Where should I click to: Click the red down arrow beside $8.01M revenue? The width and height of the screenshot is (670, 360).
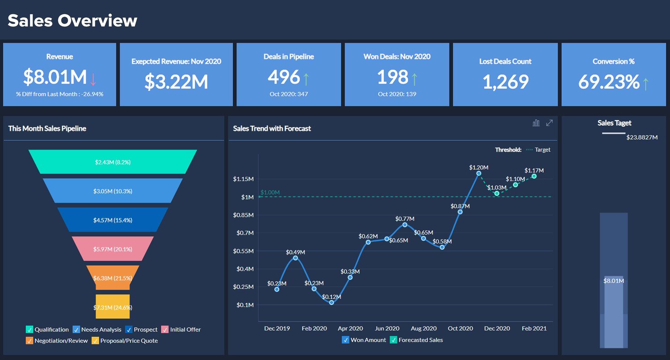93,79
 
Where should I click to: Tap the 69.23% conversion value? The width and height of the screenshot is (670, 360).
609,82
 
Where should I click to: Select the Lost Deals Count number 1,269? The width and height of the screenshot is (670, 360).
505,82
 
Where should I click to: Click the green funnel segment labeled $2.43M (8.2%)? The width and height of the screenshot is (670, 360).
113,162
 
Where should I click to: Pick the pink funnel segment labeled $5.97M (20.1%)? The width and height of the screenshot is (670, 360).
113,249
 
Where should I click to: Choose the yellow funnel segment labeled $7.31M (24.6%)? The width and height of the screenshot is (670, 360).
113,307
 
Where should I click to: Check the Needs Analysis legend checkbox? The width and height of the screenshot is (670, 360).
76,330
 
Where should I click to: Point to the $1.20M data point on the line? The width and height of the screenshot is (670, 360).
478,173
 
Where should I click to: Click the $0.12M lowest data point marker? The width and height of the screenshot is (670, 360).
331,303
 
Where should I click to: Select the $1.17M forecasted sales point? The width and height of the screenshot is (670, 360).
534,176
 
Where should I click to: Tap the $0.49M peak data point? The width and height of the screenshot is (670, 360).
295,258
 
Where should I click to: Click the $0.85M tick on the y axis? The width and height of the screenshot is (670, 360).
243,215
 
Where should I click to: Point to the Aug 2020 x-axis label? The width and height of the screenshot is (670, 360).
423,328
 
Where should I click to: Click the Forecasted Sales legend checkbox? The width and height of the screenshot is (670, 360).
394,340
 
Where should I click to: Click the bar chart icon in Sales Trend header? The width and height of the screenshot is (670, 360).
536,123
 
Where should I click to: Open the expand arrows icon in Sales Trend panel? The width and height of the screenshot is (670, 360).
549,123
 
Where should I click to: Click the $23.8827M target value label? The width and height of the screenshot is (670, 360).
642,138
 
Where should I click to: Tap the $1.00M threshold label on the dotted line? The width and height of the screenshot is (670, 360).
270,193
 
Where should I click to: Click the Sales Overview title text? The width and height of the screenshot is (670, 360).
72,21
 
